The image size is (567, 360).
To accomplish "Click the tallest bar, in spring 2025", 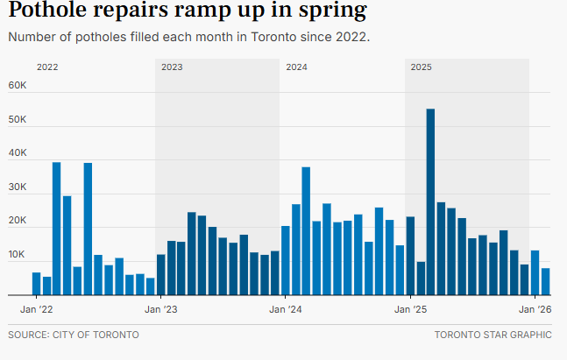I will [x=430, y=201].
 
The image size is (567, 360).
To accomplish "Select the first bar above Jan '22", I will [x=36, y=284].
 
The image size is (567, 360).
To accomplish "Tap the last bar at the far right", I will [x=545, y=281].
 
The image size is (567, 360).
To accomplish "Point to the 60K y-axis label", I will [x=18, y=86].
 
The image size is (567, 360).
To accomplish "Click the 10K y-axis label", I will [x=18, y=256].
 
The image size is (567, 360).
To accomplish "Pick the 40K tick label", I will [x=18, y=153].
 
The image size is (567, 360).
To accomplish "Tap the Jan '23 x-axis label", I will [x=159, y=310].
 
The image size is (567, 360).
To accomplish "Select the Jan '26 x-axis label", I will [x=534, y=310].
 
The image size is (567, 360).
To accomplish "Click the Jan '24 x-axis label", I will [x=284, y=310].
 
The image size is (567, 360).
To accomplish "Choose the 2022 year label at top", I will [x=47, y=67].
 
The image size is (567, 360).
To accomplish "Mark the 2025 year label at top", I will [x=421, y=67].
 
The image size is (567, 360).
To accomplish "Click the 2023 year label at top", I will [x=172, y=67].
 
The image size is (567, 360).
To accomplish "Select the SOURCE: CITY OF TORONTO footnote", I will [x=74, y=335].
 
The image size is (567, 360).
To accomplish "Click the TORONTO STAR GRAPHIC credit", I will [x=493, y=335].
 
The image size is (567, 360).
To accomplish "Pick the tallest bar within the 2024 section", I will [x=306, y=230].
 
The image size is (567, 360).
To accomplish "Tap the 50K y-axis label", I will [x=18, y=120].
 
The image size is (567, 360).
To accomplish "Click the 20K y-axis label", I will [x=18, y=222].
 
